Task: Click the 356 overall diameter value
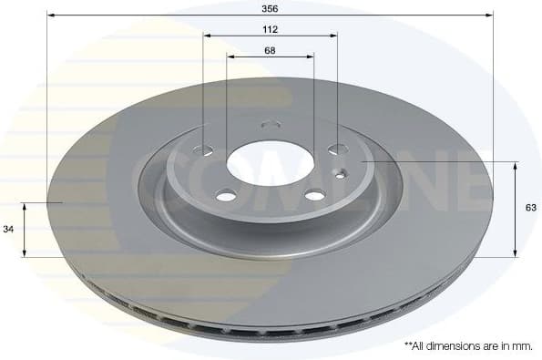(270, 7)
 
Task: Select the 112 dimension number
(270, 29)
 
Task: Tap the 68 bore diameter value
(270, 50)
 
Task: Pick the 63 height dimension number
(531, 208)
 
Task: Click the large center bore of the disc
(269, 164)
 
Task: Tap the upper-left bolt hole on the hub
(206, 149)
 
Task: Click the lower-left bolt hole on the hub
(225, 194)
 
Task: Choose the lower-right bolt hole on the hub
(314, 194)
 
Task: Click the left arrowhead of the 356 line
(51, 15)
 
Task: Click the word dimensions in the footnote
(456, 346)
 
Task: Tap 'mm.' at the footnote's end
(523, 346)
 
